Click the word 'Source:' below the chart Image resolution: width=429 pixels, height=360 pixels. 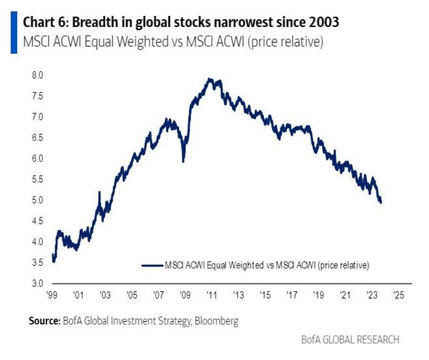pos(43,321)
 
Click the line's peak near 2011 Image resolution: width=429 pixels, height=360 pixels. pos(210,79)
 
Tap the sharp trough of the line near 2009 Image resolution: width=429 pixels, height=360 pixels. pos(183,161)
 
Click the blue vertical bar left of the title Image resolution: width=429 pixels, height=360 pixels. pos(14,31)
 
